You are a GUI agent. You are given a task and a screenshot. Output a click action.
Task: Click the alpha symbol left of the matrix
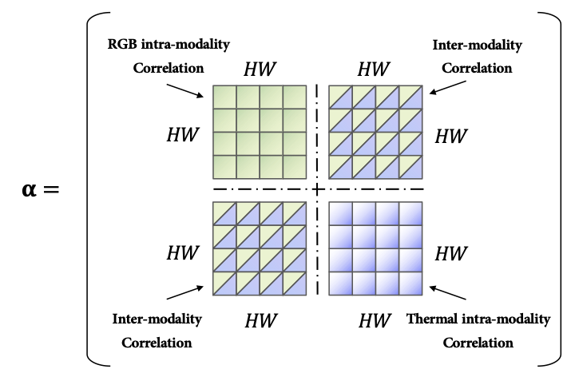click(30, 190)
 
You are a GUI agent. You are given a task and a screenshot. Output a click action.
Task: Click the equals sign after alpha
click(51, 189)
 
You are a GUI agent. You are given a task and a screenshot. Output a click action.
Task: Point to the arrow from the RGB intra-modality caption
click(185, 91)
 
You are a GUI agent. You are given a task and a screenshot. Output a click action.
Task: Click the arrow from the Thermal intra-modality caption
click(447, 292)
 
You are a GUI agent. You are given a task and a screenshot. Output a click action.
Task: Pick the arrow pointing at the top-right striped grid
click(447, 88)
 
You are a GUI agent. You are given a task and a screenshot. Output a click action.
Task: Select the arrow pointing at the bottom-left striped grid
click(185, 292)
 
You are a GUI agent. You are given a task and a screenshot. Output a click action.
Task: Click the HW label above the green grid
click(260, 69)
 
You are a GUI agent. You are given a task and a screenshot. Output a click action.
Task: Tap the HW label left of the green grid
click(183, 135)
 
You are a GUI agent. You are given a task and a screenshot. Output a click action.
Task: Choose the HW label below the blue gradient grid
click(375, 320)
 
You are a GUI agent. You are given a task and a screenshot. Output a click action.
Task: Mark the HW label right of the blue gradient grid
click(451, 254)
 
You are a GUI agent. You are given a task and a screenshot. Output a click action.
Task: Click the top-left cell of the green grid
click(224, 97)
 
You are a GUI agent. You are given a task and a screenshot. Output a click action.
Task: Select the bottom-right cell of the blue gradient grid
click(410, 284)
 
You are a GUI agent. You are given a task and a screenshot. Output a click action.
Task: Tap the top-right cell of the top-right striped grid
click(410, 97)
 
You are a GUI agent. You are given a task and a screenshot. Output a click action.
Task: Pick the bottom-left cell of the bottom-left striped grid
click(224, 284)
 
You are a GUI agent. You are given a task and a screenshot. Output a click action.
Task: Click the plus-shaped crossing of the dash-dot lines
click(317, 189)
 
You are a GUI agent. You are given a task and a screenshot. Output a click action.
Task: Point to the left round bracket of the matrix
click(87, 189)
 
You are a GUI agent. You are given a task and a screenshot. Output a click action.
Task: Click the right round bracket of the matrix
click(561, 189)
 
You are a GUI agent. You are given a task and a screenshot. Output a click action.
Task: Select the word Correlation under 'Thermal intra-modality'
click(478, 343)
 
